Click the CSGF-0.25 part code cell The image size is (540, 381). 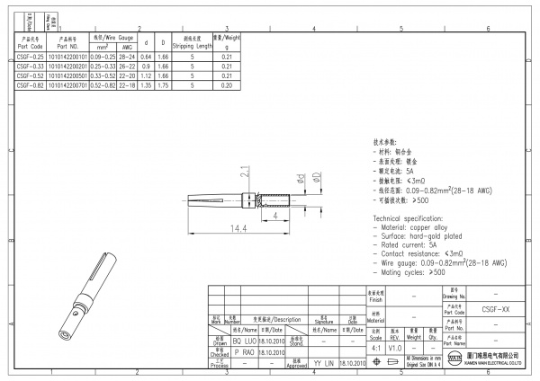click(30, 57)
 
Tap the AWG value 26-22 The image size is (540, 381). click(126, 66)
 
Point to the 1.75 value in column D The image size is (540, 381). click(163, 85)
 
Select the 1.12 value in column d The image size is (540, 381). click(147, 76)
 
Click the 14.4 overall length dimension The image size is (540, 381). click(235, 230)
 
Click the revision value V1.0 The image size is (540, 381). click(394, 348)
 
